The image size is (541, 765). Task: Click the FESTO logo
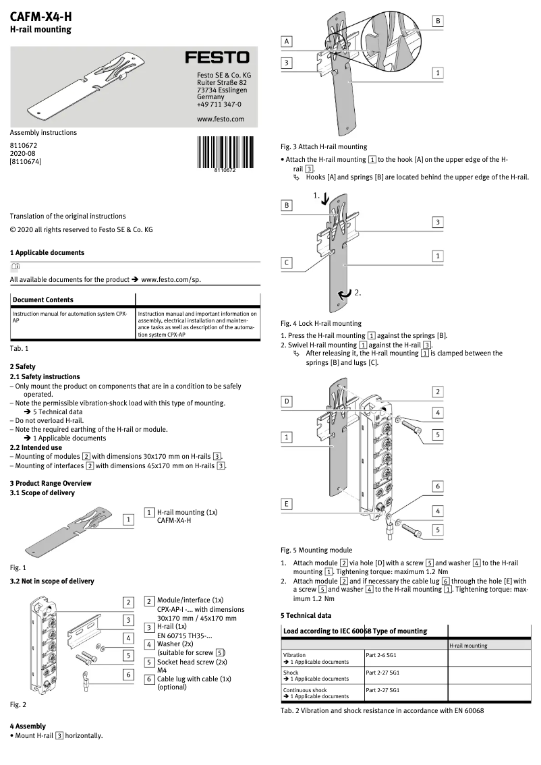click(217, 58)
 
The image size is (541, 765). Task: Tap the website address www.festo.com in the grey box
click(220, 119)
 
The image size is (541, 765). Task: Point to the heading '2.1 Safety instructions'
click(45, 376)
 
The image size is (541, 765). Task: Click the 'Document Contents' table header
click(43, 300)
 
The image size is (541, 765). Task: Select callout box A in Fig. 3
click(287, 42)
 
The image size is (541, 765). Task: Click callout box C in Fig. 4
click(287, 262)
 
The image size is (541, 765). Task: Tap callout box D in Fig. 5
click(287, 401)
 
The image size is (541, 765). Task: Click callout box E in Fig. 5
click(287, 503)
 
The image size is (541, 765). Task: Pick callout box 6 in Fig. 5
click(437, 486)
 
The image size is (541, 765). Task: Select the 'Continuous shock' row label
click(305, 690)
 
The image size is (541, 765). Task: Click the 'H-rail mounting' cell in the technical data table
click(468, 646)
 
